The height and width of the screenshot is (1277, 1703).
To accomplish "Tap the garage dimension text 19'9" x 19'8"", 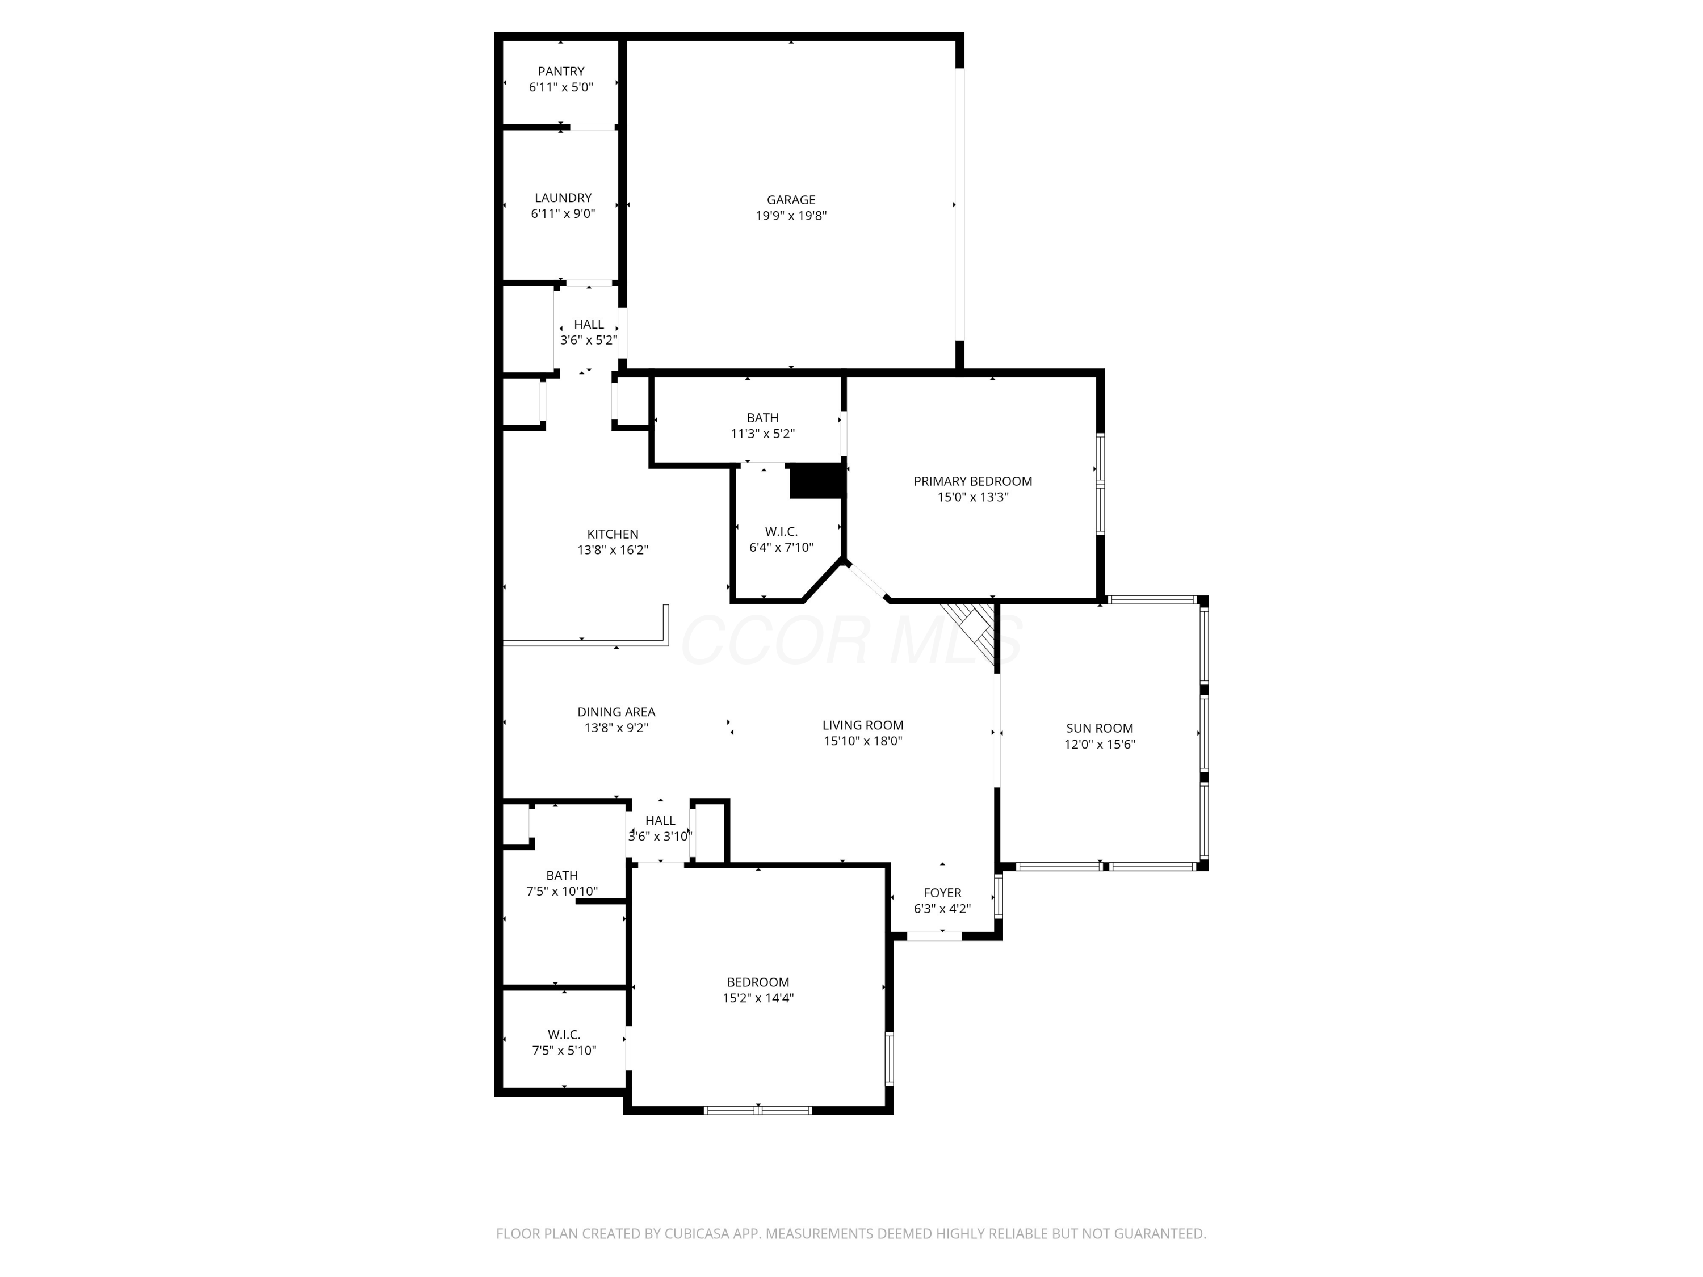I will [x=791, y=216].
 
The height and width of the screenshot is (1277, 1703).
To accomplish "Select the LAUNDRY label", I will [x=563, y=198].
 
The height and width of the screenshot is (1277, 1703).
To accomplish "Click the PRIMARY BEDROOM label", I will [x=972, y=481].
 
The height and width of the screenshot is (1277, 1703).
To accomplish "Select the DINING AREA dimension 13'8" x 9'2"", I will [x=616, y=728].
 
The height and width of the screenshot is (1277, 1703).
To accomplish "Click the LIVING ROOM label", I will [x=862, y=725].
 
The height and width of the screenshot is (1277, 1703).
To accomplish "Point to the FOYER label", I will [x=942, y=893].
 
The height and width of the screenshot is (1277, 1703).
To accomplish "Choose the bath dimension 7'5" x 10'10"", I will [x=561, y=892].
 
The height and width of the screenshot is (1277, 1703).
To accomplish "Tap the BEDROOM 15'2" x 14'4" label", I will [x=758, y=982].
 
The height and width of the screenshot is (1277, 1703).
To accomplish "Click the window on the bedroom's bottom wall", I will [x=758, y=1110].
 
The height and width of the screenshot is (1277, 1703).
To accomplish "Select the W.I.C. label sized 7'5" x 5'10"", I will [x=564, y=1035].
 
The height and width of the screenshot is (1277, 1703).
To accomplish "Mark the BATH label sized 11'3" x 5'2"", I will [x=762, y=418].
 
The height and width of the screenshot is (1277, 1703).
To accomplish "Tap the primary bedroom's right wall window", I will [x=1100, y=484].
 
